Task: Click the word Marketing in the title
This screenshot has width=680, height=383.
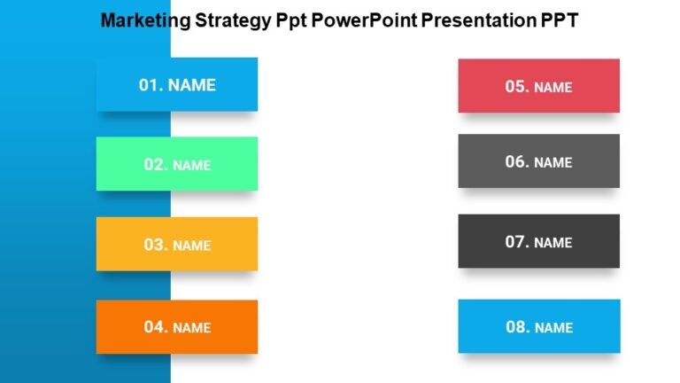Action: click(143, 20)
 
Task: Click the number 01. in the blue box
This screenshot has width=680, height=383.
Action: click(151, 85)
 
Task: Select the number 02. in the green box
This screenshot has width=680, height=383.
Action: click(156, 165)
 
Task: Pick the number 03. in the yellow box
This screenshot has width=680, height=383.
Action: click(156, 245)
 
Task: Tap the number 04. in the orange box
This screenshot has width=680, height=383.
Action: click(156, 327)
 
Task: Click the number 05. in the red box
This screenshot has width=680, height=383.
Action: click(517, 87)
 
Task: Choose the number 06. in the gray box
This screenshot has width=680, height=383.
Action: click(517, 162)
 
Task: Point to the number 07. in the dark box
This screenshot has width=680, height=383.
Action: click(517, 242)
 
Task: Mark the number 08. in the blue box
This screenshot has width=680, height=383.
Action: click(518, 327)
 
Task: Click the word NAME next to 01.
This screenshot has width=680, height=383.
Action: click(192, 85)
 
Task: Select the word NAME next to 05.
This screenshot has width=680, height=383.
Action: click(553, 88)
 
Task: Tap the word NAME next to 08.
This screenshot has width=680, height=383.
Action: click(554, 328)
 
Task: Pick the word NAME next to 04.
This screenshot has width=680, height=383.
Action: click(192, 328)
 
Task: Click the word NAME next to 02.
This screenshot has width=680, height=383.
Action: click(192, 166)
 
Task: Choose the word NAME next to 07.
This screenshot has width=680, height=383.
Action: click(553, 243)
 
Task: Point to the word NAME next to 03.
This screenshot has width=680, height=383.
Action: click(192, 246)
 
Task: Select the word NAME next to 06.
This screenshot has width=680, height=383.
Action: click(553, 163)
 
